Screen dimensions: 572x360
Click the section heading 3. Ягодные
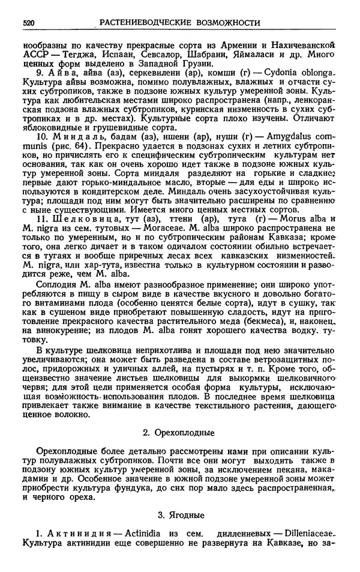pyautogui.click(x=180, y=514)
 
